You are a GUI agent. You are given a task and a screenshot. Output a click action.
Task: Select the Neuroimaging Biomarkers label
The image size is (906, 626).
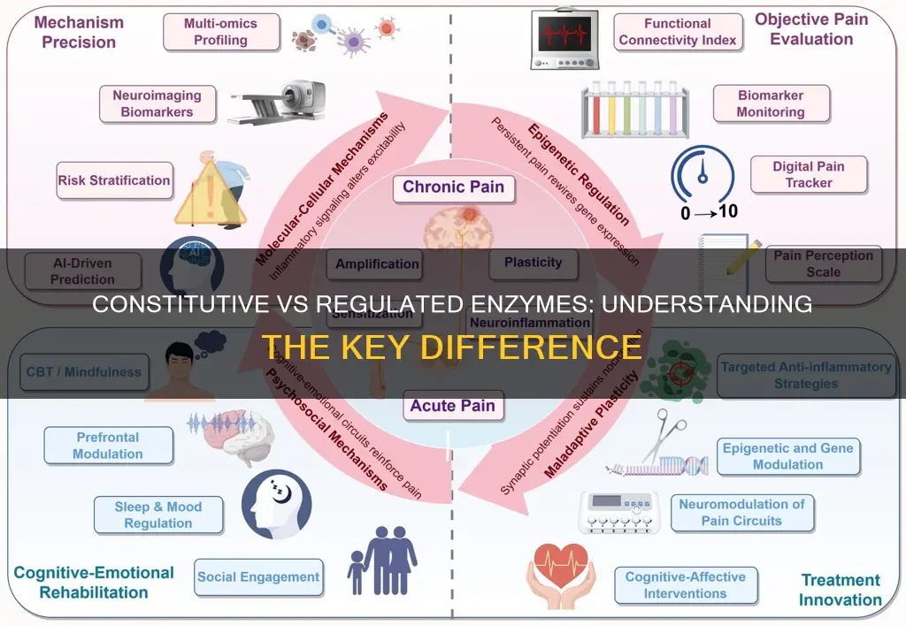pyautogui.click(x=157, y=103)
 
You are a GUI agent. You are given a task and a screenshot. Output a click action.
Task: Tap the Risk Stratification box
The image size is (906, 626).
pyautogui.click(x=114, y=180)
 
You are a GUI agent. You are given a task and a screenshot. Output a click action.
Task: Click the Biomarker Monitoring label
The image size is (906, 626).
pyautogui.click(x=771, y=103)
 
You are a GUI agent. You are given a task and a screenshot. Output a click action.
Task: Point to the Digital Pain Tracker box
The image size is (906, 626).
pyautogui.click(x=808, y=174)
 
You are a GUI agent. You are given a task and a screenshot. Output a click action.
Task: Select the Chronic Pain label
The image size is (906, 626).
pyautogui.click(x=453, y=187)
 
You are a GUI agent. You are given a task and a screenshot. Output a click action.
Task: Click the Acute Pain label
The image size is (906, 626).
pyautogui.click(x=452, y=408)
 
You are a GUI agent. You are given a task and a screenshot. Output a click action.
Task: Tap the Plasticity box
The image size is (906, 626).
pyautogui.click(x=533, y=263)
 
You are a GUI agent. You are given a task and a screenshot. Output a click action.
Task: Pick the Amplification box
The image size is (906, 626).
pyautogui.click(x=377, y=263)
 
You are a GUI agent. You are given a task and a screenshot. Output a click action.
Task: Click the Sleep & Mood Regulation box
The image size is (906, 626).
pyautogui.click(x=158, y=515)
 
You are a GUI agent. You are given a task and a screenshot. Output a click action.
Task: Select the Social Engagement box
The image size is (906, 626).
pyautogui.click(x=257, y=577)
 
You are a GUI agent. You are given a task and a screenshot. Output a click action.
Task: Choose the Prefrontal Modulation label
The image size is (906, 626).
pyautogui.click(x=109, y=446)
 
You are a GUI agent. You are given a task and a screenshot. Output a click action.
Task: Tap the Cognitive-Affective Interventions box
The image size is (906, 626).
pyautogui.click(x=687, y=585)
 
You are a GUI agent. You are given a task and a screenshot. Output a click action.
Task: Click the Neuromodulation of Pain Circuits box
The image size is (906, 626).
pyautogui.click(x=741, y=512)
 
